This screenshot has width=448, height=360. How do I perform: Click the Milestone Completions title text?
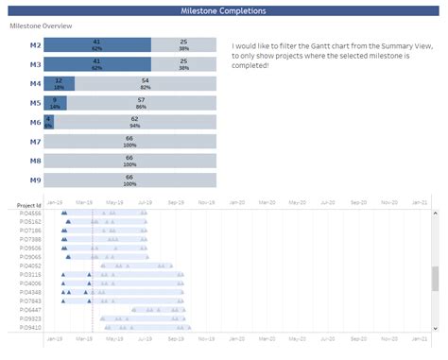pyautogui.click(x=224, y=10)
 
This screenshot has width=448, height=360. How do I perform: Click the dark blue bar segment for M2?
pyautogui.click(x=97, y=44)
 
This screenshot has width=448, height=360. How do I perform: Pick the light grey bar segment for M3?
pyautogui.click(x=183, y=64)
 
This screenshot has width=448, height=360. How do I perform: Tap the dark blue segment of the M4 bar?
pyautogui.click(x=60, y=84)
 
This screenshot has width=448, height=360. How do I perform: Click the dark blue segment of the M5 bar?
pyautogui.click(x=56, y=103)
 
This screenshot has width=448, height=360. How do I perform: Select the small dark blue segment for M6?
pyautogui.click(x=48, y=122)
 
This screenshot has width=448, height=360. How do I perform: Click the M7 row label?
pyautogui.click(x=35, y=142)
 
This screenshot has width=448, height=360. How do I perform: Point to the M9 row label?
pyautogui.click(x=35, y=180)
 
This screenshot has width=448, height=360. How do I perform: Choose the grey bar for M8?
pyautogui.click(x=129, y=161)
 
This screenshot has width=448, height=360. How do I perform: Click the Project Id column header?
pyautogui.click(x=29, y=205)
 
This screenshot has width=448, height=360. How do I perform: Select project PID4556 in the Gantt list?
pyautogui.click(x=30, y=214)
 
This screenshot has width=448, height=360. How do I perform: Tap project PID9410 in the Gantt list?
pyautogui.click(x=30, y=327)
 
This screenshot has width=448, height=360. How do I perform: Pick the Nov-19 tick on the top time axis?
pyautogui.click(x=206, y=202)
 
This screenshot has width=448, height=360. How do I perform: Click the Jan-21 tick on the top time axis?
pyautogui.click(x=419, y=202)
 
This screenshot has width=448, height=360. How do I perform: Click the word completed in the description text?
pyautogui.click(x=253, y=65)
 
